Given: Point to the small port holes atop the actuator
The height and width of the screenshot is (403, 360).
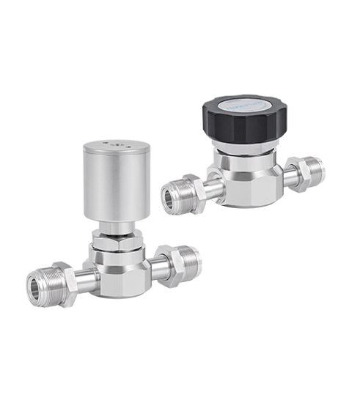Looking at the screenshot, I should pyautogui.click(x=116, y=144).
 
